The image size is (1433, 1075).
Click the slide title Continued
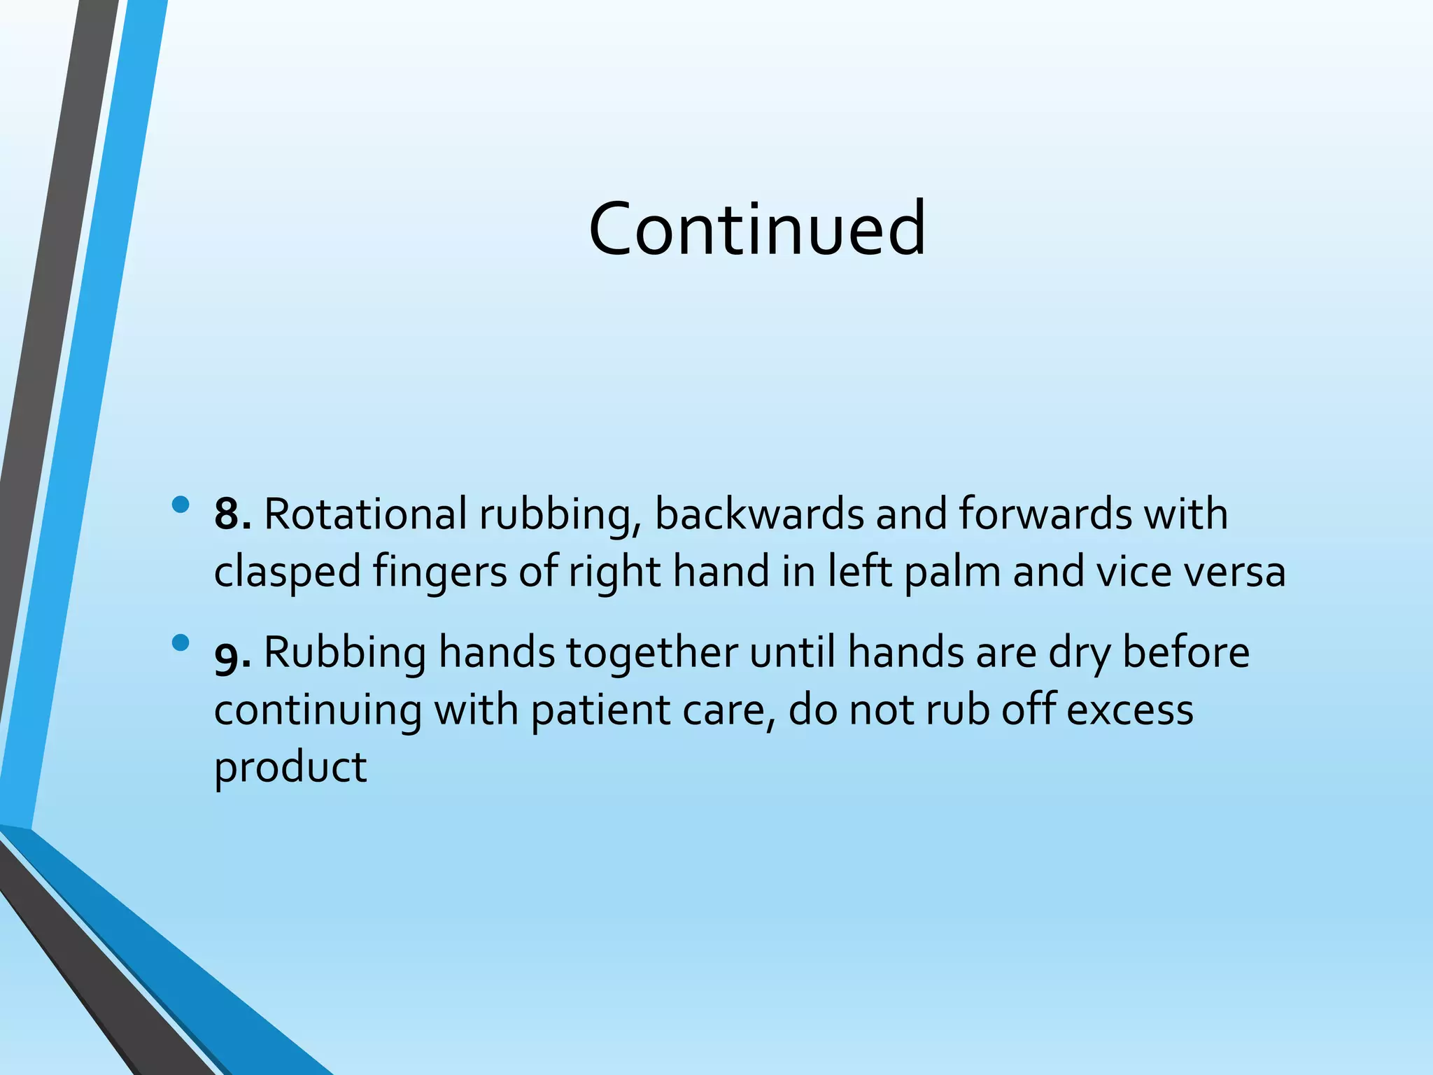(x=757, y=228)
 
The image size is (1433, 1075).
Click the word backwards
(x=759, y=514)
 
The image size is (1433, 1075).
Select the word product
(x=290, y=768)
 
